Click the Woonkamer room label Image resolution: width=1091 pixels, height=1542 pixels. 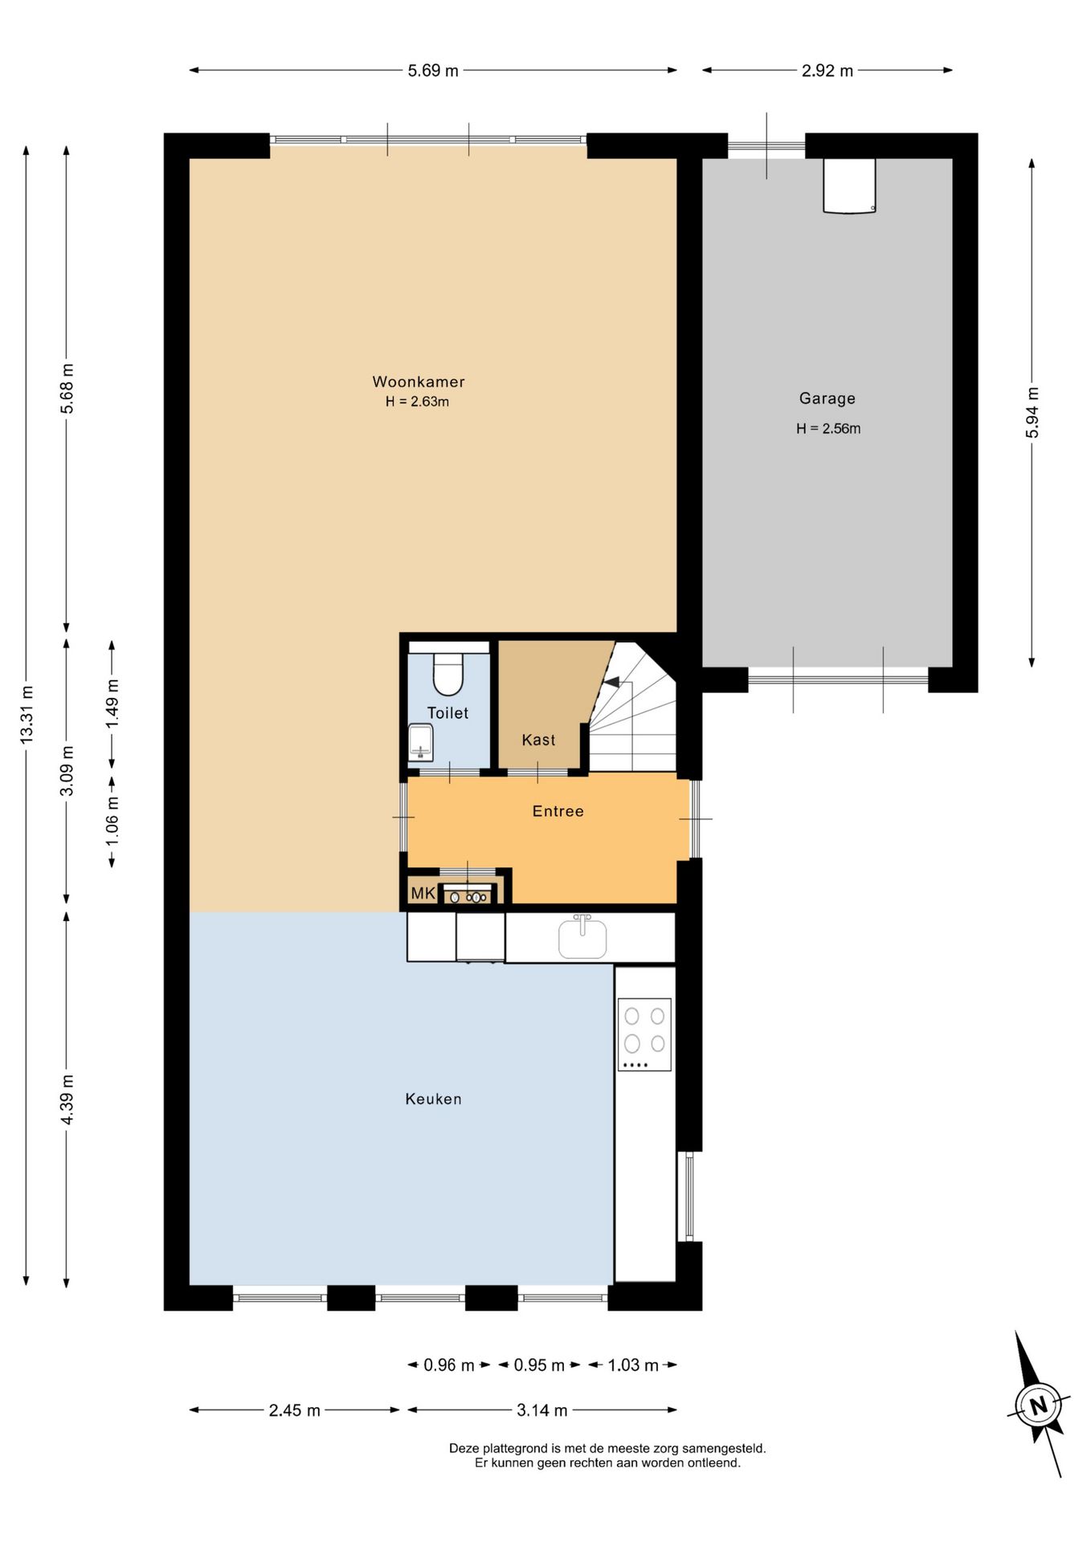(x=419, y=382)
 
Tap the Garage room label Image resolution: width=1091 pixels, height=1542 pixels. (x=827, y=398)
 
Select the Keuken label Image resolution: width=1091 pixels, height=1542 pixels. (x=434, y=1099)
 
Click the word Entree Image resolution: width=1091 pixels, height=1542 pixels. (x=558, y=811)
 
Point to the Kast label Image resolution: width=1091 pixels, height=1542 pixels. (x=538, y=740)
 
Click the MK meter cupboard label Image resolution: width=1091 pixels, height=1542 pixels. (x=423, y=893)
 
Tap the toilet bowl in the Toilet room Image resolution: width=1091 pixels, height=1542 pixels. (x=448, y=673)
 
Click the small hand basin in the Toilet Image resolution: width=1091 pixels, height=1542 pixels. (x=421, y=743)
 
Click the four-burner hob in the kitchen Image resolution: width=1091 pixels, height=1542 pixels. (x=644, y=1034)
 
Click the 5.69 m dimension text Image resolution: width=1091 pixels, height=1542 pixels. (x=433, y=71)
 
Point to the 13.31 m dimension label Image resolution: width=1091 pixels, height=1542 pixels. (x=27, y=714)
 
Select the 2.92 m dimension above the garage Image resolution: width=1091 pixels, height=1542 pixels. (x=827, y=71)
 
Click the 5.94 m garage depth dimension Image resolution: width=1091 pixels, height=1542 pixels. (x=1032, y=413)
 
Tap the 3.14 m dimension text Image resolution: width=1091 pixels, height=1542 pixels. (x=542, y=1410)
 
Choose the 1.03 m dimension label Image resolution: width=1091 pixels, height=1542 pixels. (x=633, y=1365)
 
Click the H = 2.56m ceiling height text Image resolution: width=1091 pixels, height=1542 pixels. (x=828, y=429)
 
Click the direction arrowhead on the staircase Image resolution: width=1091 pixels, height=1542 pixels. (x=611, y=682)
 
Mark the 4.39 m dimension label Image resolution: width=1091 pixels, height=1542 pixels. (x=67, y=1099)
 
